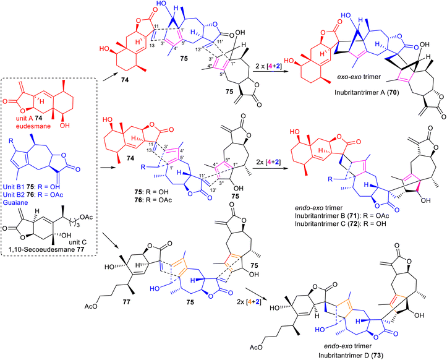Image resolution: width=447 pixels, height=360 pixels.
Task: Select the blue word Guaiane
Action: [x=15, y=202]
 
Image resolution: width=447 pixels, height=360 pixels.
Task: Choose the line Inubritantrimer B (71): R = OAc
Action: [x=342, y=216]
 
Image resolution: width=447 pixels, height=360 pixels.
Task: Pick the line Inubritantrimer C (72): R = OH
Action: [x=341, y=224]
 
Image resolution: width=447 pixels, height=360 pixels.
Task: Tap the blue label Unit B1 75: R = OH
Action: [x=32, y=187]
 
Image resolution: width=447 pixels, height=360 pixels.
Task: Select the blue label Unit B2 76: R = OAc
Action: [x=33, y=195]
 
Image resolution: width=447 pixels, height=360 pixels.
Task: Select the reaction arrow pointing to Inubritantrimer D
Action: [x=256, y=293]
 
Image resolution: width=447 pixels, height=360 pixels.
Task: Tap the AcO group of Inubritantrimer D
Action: [x=257, y=348]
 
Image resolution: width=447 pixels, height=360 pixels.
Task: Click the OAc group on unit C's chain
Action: [x=87, y=217]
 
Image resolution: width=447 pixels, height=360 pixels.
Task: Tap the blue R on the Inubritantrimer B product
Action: [x=330, y=179]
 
